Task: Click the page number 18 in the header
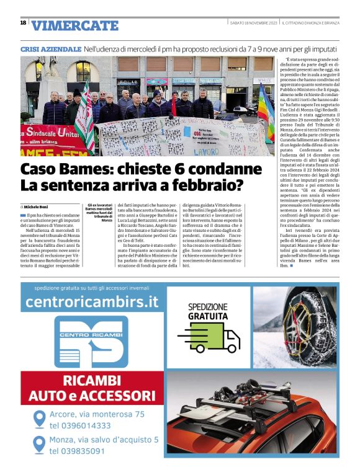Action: [x=23, y=23]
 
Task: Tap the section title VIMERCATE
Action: [x=74, y=25]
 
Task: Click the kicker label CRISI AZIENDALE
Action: [x=51, y=48]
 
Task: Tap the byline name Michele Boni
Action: [x=36, y=206]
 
